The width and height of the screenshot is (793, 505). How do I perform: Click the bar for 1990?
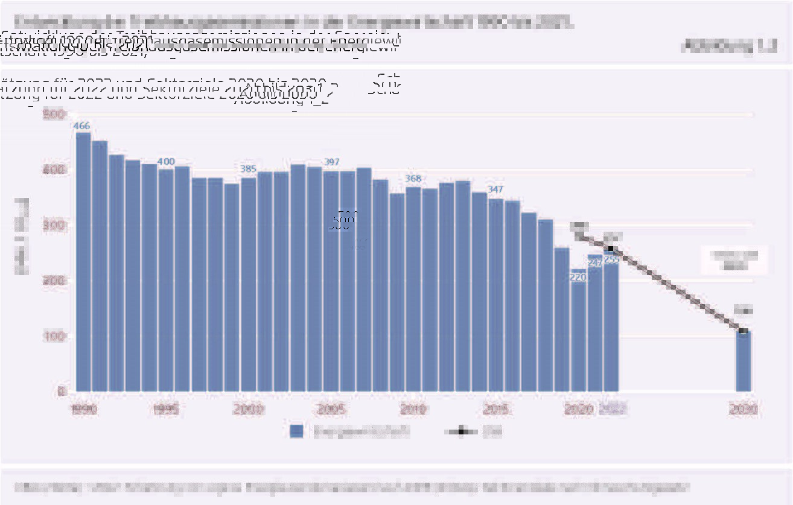coord(83,262)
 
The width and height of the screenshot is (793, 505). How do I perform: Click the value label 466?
coord(81,126)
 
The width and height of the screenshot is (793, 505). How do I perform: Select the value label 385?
coord(248,169)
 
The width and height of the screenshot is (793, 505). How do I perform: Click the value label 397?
coord(331,162)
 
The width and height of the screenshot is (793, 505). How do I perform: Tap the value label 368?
coord(413,179)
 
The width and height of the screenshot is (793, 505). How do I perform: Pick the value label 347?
coord(496,189)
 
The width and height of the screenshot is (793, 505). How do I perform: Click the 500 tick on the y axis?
coord(53,115)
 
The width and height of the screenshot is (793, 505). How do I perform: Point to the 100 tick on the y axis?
coord(53,336)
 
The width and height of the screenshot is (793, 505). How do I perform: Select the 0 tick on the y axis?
coord(61,392)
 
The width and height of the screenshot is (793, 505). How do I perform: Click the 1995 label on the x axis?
coord(166,410)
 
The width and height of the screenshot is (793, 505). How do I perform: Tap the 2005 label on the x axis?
coord(331,410)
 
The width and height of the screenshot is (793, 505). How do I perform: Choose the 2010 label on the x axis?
coord(413,410)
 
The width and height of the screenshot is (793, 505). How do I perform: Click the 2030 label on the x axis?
coord(744,410)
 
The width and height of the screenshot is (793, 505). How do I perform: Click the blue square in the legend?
coord(296,431)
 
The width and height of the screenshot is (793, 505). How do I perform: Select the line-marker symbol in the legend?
coord(460,431)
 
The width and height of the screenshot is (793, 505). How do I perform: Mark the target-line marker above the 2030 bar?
coord(744,331)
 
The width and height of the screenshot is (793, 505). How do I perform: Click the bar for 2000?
coord(248,284)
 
